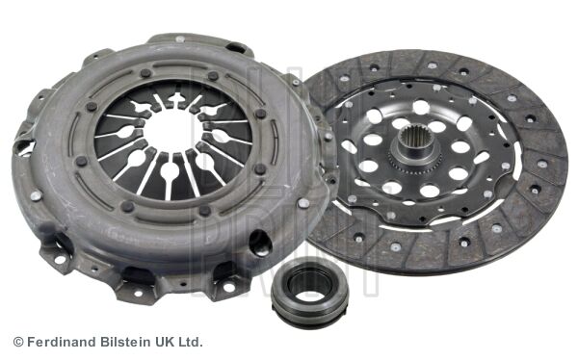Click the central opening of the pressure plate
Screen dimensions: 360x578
(173, 135)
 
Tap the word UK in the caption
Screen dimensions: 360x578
(168, 342)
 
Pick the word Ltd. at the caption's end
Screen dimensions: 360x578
(192, 342)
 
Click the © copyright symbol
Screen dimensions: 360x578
(17, 342)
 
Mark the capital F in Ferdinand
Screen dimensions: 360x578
(30, 342)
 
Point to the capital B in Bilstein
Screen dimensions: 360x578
(105, 342)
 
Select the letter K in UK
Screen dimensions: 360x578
(172, 342)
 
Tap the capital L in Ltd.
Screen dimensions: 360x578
(184, 342)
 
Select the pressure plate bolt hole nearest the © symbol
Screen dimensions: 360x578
(60, 259)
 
